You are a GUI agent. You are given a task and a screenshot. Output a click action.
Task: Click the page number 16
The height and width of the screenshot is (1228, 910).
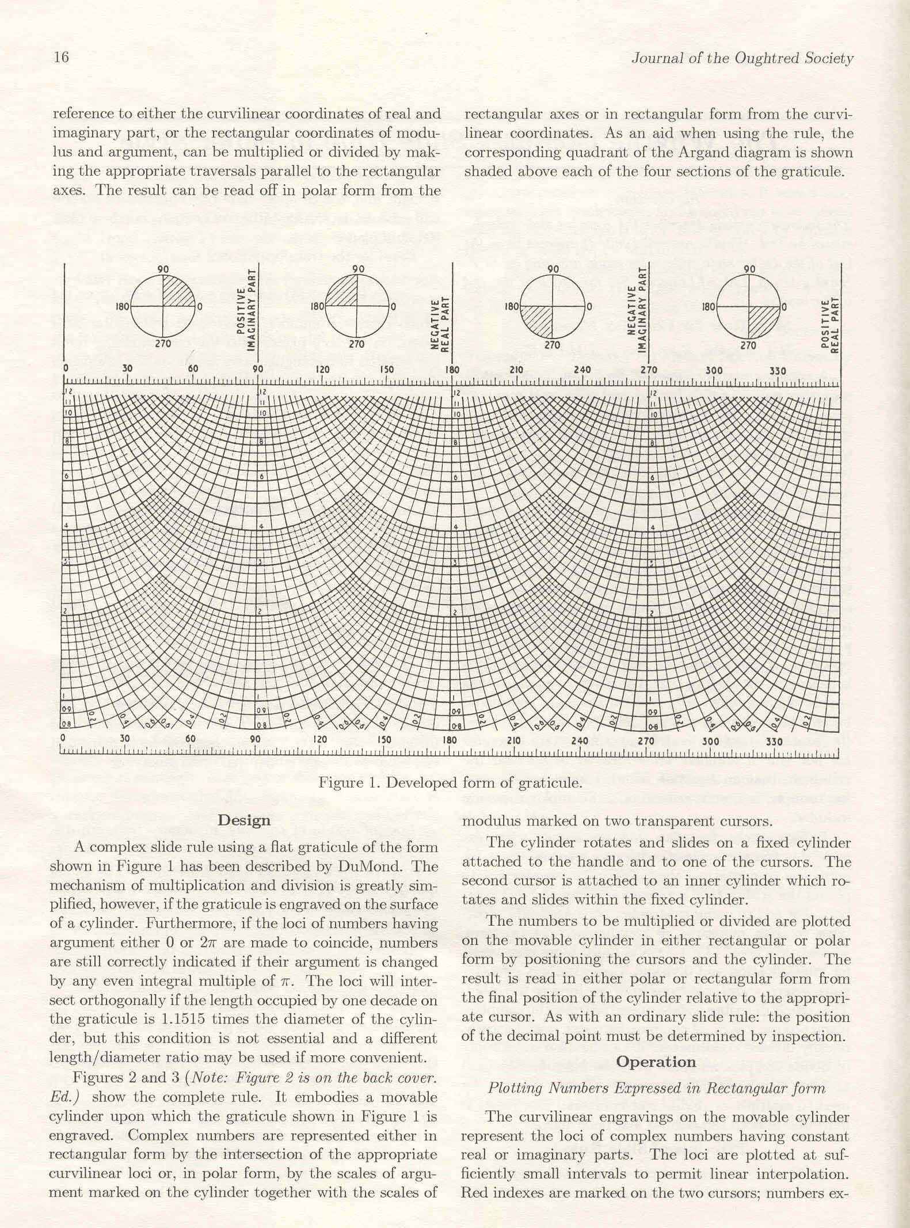60,58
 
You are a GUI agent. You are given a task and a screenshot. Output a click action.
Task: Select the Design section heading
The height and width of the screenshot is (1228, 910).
244,820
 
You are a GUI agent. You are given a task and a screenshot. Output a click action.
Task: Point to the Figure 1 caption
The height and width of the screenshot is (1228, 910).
450,783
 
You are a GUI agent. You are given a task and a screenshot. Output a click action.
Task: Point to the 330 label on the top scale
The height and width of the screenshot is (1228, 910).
778,371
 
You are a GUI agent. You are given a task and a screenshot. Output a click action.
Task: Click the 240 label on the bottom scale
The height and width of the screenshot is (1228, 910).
579,740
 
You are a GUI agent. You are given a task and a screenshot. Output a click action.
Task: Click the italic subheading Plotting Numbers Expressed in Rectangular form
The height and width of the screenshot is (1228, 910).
656,1088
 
